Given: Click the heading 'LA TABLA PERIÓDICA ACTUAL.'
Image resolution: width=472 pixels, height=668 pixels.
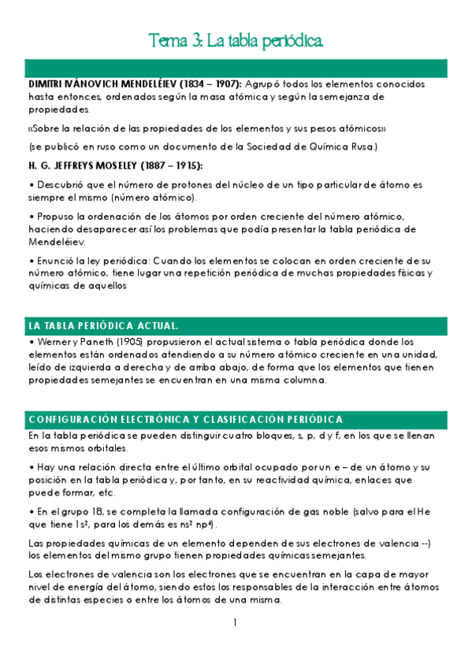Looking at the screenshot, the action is (x=102, y=325).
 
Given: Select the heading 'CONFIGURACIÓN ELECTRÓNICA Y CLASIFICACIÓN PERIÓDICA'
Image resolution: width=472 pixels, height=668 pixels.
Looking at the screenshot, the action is (x=184, y=419).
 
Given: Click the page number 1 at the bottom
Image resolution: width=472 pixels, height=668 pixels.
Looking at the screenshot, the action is (x=235, y=622).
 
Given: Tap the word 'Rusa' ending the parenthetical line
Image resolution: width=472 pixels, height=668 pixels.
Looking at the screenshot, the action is (x=363, y=147).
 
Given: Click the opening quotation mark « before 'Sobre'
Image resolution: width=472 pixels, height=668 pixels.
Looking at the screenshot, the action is (x=30, y=128).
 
